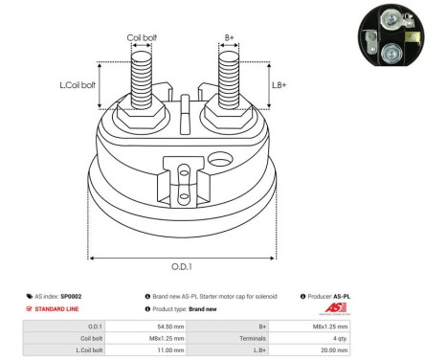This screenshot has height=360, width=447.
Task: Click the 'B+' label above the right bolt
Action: (x=230, y=38)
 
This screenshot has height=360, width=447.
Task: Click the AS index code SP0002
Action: (x=72, y=297)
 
